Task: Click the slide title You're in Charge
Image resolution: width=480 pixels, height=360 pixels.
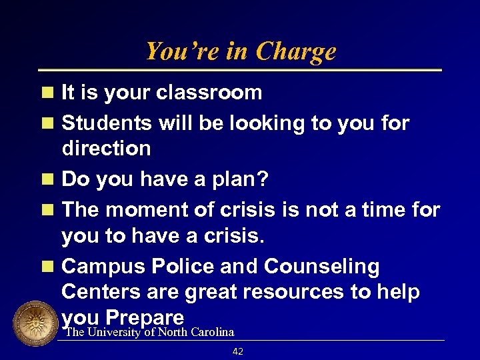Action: pyautogui.click(x=240, y=51)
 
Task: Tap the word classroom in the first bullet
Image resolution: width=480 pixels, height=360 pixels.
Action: pyautogui.click(x=209, y=93)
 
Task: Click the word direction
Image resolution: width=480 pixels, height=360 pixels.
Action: pyautogui.click(x=106, y=148)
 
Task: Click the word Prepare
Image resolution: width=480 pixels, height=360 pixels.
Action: pyautogui.click(x=144, y=316)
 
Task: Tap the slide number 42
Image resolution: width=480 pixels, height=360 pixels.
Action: pyautogui.click(x=238, y=351)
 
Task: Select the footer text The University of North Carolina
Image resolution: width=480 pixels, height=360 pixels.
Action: pyautogui.click(x=149, y=332)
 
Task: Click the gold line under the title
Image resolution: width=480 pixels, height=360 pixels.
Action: pyautogui.click(x=240, y=70)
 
